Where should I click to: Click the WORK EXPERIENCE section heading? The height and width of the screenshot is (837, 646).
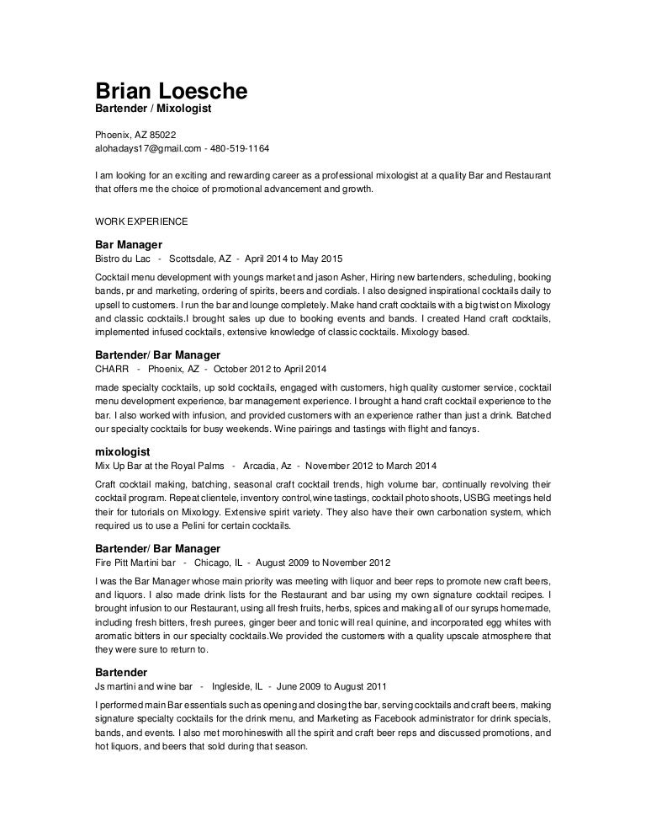140,222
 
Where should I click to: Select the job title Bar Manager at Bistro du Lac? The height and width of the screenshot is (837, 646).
128,244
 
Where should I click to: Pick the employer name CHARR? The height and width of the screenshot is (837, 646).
114,369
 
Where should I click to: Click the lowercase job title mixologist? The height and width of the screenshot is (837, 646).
123,451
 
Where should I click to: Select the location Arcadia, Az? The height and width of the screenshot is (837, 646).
267,466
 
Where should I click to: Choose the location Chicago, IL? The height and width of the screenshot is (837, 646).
218,562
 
